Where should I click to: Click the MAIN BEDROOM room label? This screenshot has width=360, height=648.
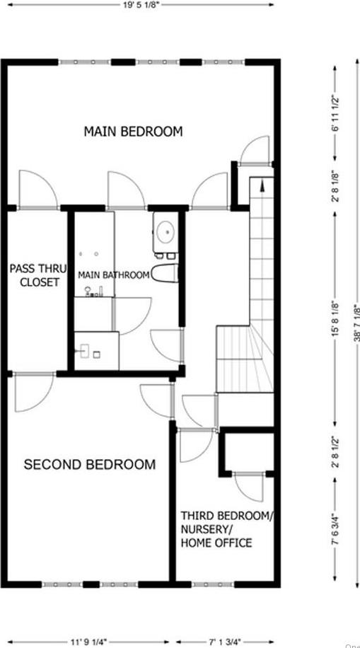133,132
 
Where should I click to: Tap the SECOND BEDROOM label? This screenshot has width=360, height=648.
90,465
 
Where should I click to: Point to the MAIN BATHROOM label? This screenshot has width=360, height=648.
113,275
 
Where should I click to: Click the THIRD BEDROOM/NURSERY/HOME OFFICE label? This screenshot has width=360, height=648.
225,529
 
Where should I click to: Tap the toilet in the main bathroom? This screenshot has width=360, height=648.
165,272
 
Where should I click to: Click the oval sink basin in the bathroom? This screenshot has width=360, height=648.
166,231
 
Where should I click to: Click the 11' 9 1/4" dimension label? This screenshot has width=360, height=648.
88,642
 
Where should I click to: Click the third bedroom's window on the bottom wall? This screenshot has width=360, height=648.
213,585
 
